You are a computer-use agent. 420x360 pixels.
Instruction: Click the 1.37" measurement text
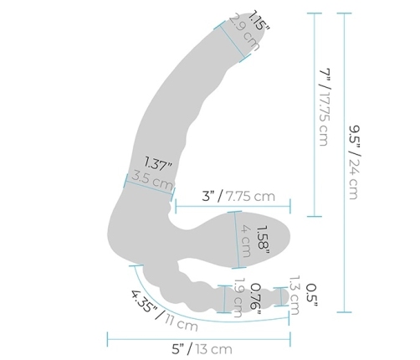pos(159,162)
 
